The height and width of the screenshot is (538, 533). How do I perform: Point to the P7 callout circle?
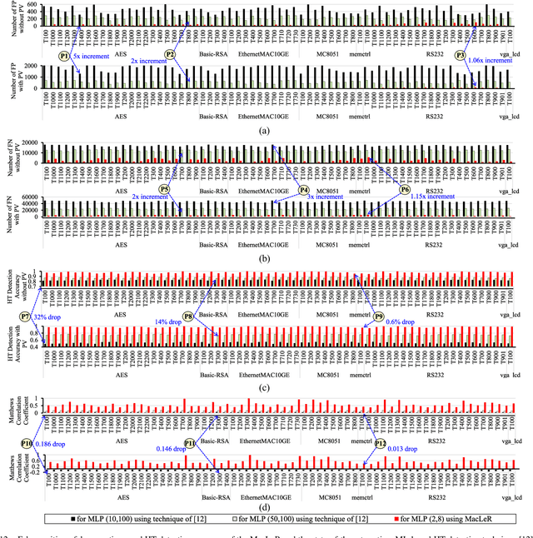25,316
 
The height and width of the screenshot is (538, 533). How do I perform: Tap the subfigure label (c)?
265,387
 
